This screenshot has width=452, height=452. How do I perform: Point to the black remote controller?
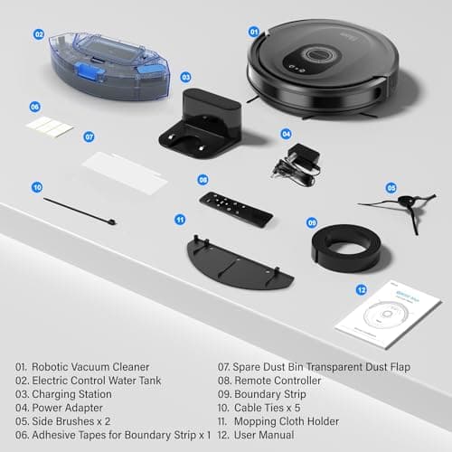pyautogui.click(x=235, y=209)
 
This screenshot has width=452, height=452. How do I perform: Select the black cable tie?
pyautogui.click(x=77, y=212)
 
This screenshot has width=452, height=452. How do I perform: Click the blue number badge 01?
pyautogui.click(x=254, y=31)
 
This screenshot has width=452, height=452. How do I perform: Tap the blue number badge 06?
pyautogui.click(x=35, y=106)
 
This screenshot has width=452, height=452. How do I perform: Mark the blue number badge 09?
pyautogui.click(x=311, y=222)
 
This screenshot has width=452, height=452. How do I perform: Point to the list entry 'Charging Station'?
pyautogui.click(x=69, y=394)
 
